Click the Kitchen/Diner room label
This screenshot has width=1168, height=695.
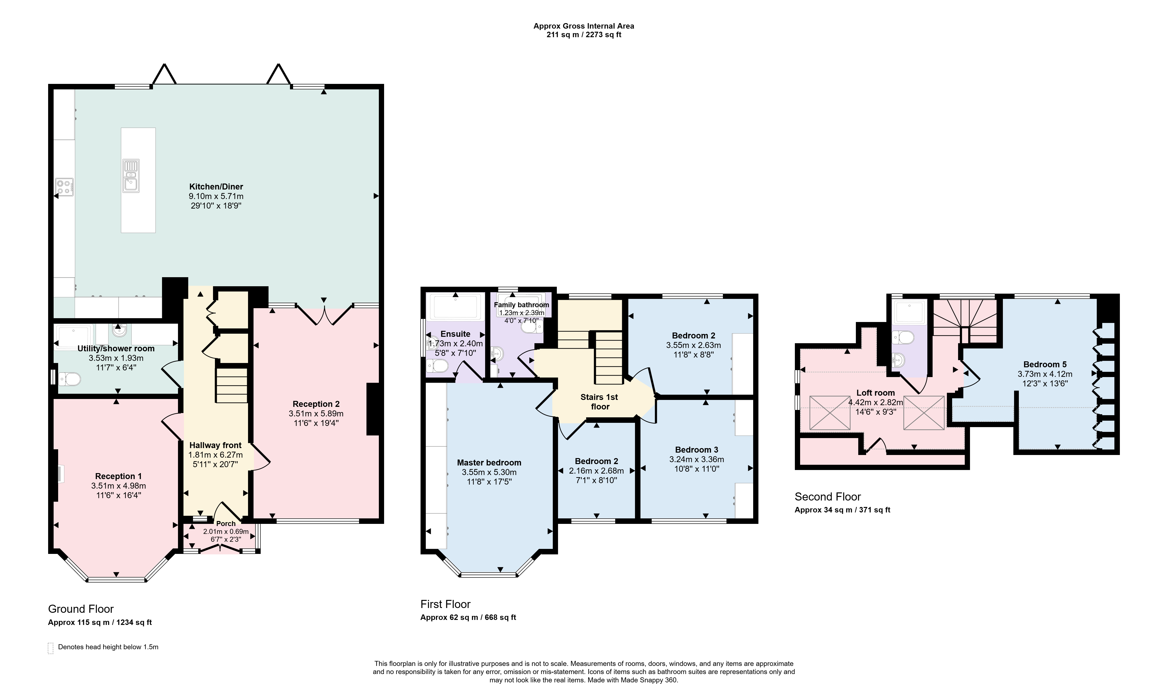click(216, 186)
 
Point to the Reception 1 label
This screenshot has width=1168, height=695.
click(118, 476)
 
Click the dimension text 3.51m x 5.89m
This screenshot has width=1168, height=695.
click(316, 414)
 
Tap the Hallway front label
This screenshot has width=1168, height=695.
click(215, 445)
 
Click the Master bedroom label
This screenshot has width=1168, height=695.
click(489, 462)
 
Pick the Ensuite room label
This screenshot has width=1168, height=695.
click(456, 334)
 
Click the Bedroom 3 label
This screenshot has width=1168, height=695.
click(697, 450)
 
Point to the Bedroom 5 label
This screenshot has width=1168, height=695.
click(1045, 364)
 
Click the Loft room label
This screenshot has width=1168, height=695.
click(875, 393)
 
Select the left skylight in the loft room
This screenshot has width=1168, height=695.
click(830, 413)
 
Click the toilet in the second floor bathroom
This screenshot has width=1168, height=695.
click(903, 337)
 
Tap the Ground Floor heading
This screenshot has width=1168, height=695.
click(81, 609)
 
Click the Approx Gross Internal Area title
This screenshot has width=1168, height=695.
click(584, 26)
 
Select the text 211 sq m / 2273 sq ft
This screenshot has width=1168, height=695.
click(584, 35)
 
